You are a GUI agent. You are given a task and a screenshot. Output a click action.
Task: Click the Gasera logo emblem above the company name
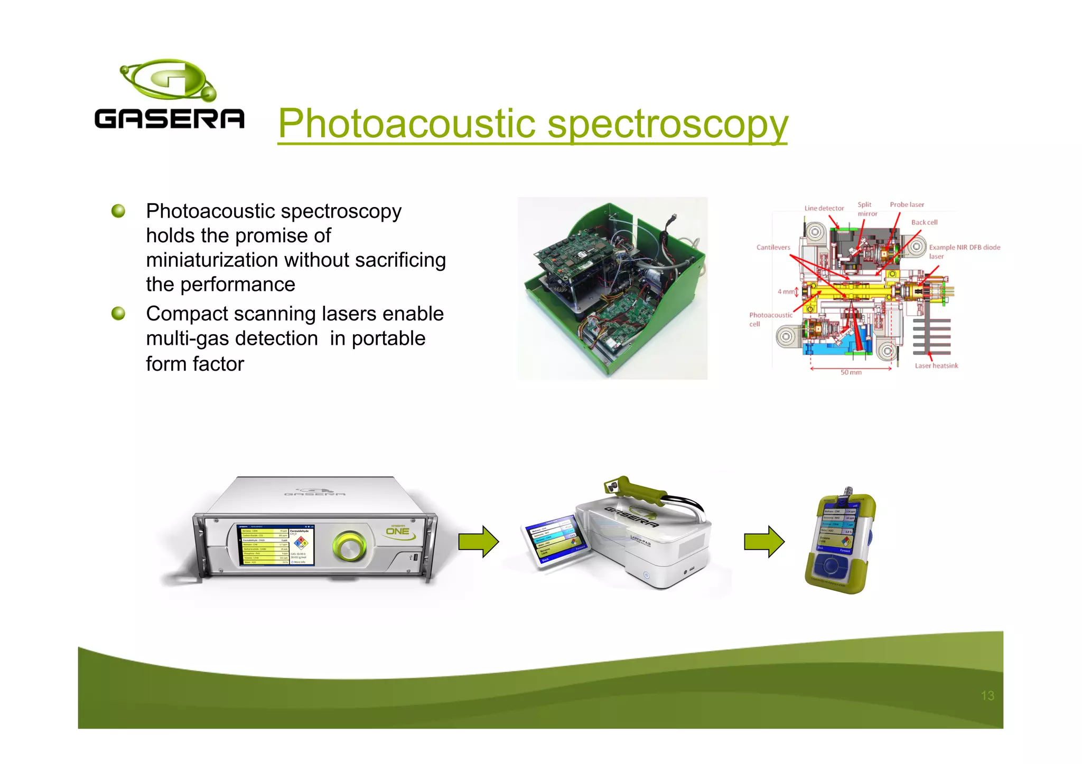168,80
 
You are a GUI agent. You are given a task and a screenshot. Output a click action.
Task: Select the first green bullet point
118,211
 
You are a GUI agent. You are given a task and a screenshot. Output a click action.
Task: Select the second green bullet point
118,314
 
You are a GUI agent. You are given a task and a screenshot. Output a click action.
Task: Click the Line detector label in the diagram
824,208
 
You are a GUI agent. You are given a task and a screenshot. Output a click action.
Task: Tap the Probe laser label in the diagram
907,204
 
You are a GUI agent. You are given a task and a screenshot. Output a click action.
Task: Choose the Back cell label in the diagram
924,222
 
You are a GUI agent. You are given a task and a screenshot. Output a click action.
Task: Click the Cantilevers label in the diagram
773,247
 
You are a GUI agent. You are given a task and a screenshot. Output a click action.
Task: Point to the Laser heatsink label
936,365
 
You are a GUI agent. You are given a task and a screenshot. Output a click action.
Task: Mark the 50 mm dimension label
851,372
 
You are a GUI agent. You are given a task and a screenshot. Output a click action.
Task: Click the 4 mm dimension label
786,291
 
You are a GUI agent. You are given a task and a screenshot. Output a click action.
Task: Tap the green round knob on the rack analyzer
349,546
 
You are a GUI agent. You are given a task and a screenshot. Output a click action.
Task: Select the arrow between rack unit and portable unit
478,542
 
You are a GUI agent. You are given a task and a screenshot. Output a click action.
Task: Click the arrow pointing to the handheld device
764,542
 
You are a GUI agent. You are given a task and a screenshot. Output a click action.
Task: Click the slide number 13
987,696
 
